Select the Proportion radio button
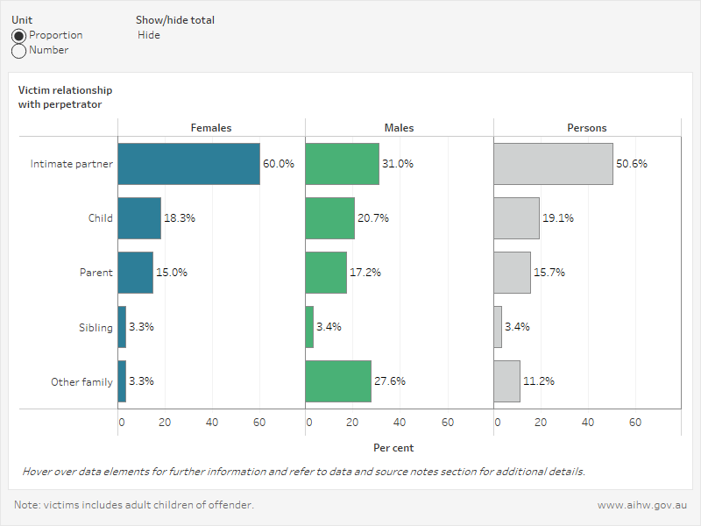pyautogui.click(x=19, y=35)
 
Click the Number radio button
pyautogui.click(x=19, y=51)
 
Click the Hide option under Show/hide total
pyautogui.click(x=149, y=35)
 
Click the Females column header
pyautogui.click(x=211, y=128)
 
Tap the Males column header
pyautogui.click(x=399, y=128)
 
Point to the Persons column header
pyautogui.click(x=587, y=128)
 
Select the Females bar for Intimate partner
pyautogui.click(x=188, y=164)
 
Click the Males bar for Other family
pyautogui.click(x=338, y=381)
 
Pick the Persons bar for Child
pyautogui.click(x=516, y=218)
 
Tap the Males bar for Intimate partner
pyautogui.click(x=342, y=164)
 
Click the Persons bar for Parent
pyautogui.click(x=512, y=273)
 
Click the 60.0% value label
pyautogui.click(x=279, y=164)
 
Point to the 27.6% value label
pyautogui.click(x=390, y=381)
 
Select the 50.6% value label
pyautogui.click(x=632, y=164)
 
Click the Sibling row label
pyautogui.click(x=96, y=327)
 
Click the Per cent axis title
pyautogui.click(x=393, y=448)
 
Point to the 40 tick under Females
pyautogui.click(x=212, y=423)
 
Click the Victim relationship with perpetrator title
pyautogui.click(x=65, y=97)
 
